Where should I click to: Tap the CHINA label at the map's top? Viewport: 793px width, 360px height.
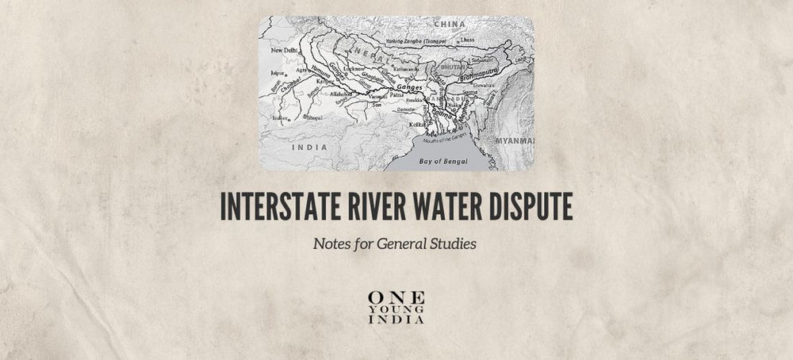(450, 25)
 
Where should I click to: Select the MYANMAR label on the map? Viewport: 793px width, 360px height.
(516, 140)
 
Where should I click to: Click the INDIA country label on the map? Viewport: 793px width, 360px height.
(309, 147)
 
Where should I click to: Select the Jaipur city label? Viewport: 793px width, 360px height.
(277, 72)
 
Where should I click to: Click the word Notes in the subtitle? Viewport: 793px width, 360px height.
(331, 243)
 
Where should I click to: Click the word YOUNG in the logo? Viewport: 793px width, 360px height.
(396, 308)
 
